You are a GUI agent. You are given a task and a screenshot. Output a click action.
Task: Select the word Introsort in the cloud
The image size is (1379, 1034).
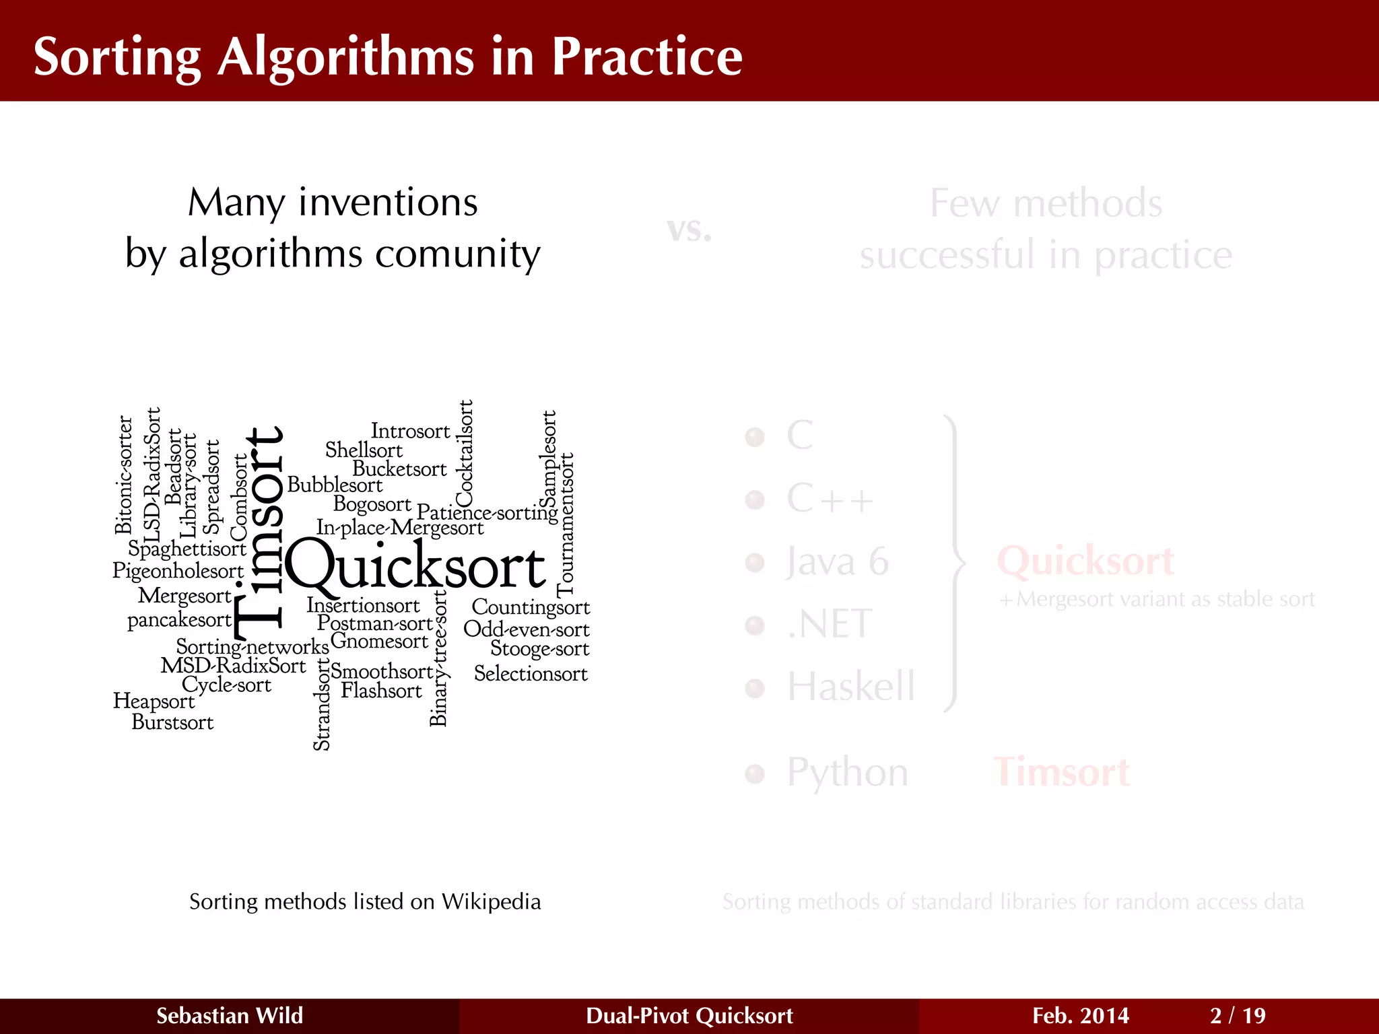click(410, 431)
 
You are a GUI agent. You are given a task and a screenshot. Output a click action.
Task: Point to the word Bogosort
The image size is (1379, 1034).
click(372, 504)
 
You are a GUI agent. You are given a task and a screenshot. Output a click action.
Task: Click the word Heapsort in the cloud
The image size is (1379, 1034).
click(154, 701)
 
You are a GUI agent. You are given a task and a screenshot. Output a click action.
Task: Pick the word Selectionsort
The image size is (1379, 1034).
click(531, 673)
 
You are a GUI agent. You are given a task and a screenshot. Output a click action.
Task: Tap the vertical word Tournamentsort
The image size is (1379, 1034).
click(566, 524)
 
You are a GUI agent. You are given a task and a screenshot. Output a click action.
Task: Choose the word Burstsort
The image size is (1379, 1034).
click(172, 722)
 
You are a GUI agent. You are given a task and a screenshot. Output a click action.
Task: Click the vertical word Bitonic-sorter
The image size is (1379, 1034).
click(124, 475)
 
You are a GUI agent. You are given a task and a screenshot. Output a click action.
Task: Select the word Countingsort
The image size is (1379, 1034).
click(531, 607)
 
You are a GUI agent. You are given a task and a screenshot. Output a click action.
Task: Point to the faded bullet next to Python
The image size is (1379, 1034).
click(755, 773)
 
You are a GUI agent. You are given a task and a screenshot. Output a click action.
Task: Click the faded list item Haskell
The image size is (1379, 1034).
click(851, 687)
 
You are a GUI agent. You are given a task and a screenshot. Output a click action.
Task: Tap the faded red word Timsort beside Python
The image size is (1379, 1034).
click(1062, 771)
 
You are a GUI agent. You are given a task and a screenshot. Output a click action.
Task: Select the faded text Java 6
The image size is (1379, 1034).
click(838, 561)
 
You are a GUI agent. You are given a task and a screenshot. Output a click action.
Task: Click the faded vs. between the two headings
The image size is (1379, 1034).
click(689, 230)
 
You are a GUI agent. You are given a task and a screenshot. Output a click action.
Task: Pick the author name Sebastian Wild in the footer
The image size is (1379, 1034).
click(230, 1015)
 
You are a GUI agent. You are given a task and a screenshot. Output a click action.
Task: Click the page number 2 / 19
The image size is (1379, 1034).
click(1238, 1015)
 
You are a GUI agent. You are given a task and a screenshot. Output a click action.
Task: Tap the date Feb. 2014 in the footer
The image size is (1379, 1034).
click(1080, 1015)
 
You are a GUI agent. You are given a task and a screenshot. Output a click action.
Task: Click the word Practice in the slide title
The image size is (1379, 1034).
click(646, 57)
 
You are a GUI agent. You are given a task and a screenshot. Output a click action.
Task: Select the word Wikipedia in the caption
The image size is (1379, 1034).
click(491, 901)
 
